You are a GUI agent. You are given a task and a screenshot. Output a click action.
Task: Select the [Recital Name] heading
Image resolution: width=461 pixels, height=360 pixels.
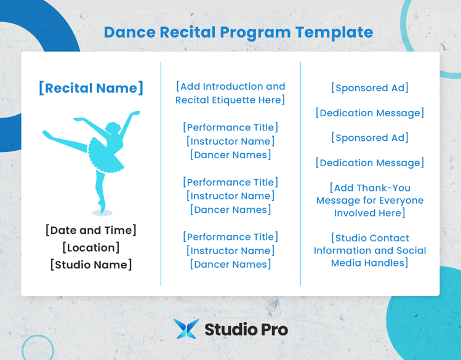coord(91,88)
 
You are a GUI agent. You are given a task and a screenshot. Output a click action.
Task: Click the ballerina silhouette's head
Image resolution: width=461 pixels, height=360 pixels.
coord(113,128)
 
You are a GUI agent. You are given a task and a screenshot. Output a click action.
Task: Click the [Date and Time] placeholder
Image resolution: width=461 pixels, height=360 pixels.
coord(91,230)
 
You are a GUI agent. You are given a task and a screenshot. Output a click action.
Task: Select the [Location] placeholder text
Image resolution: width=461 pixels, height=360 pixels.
coord(91,247)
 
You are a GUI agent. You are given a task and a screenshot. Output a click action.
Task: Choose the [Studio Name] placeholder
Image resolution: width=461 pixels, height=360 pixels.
coord(91,265)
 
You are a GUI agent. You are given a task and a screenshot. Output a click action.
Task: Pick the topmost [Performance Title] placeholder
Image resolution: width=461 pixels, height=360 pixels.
coord(230,127)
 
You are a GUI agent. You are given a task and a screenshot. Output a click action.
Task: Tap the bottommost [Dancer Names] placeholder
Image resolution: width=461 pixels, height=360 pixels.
coord(230,264)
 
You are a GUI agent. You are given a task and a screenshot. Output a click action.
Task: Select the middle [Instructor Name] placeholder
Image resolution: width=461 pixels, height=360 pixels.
coord(230,196)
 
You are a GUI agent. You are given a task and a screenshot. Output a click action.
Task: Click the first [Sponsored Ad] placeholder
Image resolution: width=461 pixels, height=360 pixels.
coord(369,88)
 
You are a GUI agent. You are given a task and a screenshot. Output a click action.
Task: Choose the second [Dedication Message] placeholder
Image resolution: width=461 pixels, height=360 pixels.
coord(369,162)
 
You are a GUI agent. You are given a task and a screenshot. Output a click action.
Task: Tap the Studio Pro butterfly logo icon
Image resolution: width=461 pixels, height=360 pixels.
coord(186,329)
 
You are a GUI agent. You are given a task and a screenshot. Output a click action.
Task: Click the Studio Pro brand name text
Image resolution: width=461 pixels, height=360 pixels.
coord(246,329)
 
